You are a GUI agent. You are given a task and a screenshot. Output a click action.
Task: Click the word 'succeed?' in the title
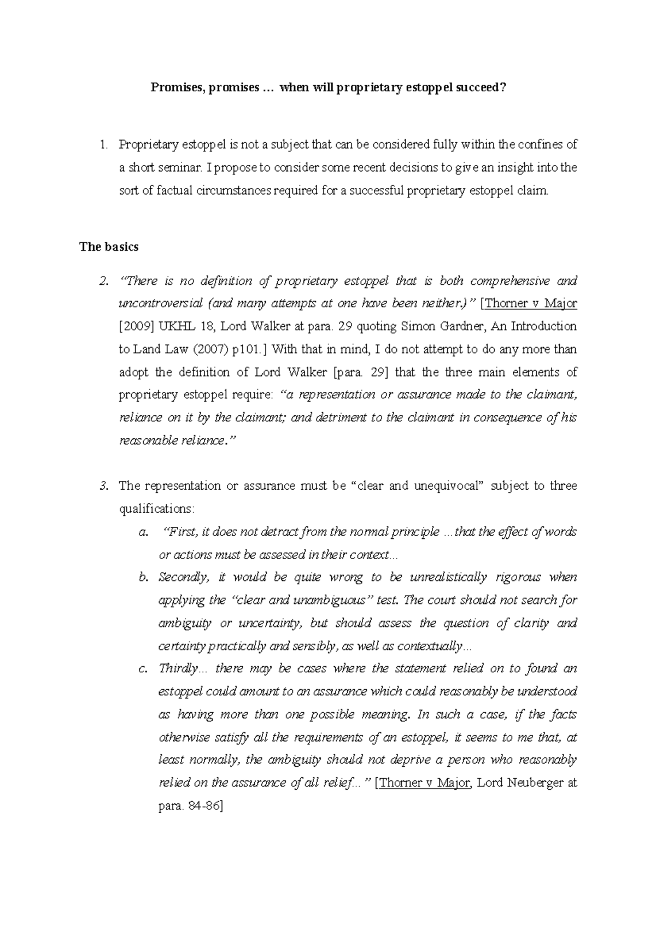[479, 88]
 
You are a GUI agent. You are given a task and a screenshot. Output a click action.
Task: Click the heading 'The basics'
[109, 247]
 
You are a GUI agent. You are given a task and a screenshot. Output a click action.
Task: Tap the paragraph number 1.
[102, 145]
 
